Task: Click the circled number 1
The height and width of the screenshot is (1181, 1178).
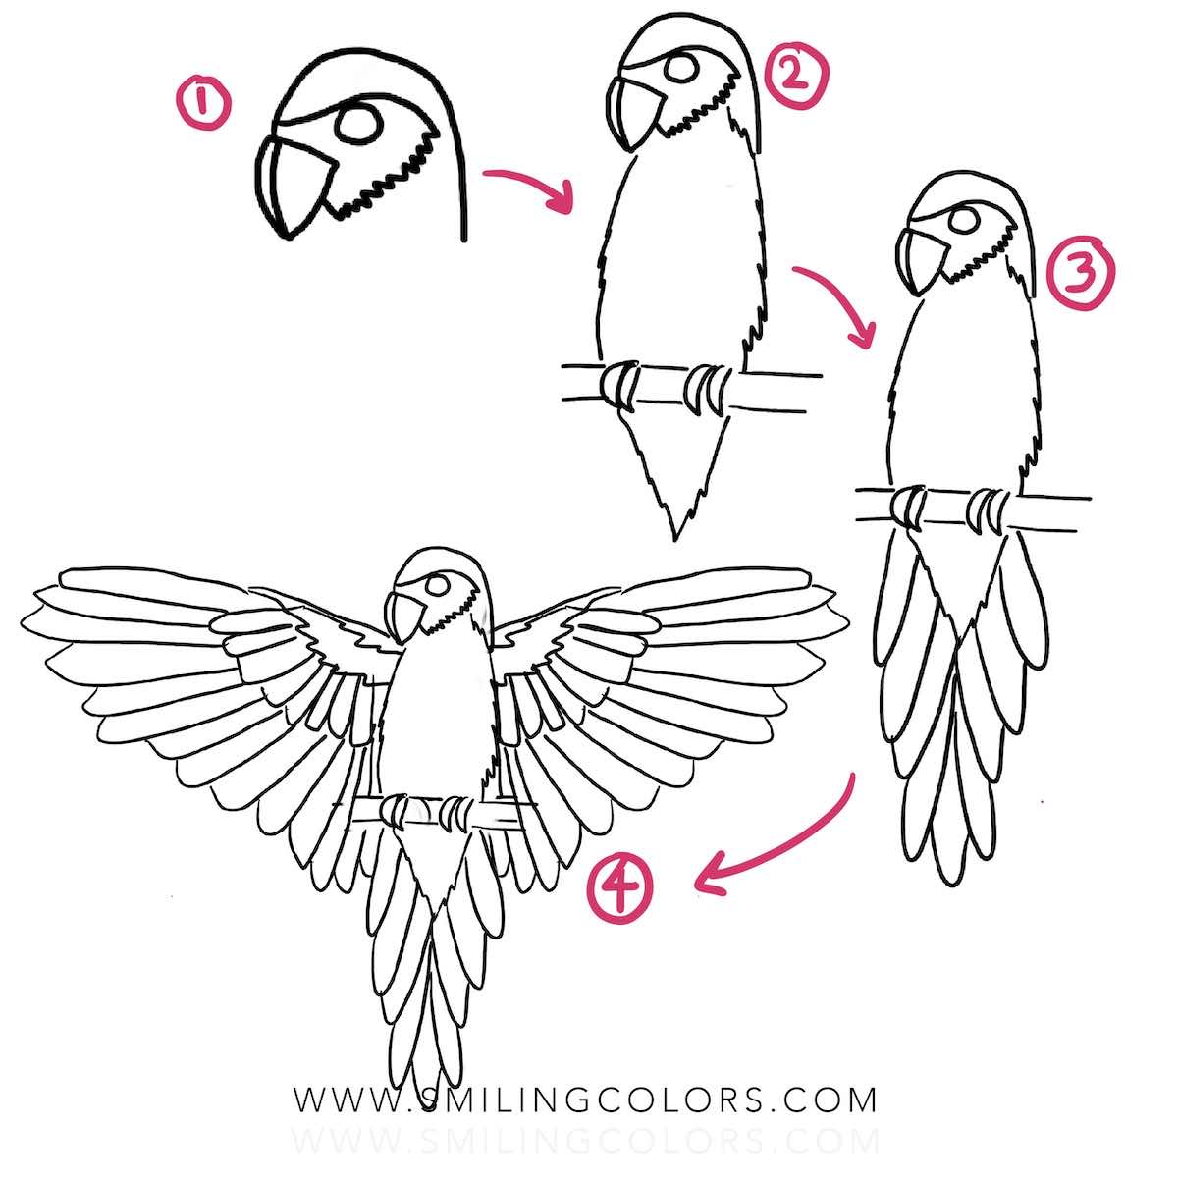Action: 202,105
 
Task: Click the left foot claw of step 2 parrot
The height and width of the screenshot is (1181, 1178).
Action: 618,384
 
